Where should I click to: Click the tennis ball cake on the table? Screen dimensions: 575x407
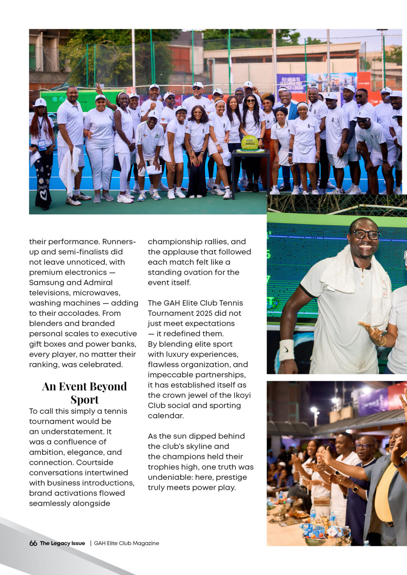(250, 143)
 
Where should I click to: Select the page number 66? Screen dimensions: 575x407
(33, 543)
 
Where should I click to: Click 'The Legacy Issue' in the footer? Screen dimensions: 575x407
(63, 543)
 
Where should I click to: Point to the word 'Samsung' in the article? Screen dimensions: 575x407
(46, 283)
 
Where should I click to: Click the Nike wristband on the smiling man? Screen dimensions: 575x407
(287, 350)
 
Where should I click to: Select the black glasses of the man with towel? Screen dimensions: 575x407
(364, 234)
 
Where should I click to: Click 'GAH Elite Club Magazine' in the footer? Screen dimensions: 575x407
(126, 543)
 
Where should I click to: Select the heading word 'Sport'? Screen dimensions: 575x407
(84, 399)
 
